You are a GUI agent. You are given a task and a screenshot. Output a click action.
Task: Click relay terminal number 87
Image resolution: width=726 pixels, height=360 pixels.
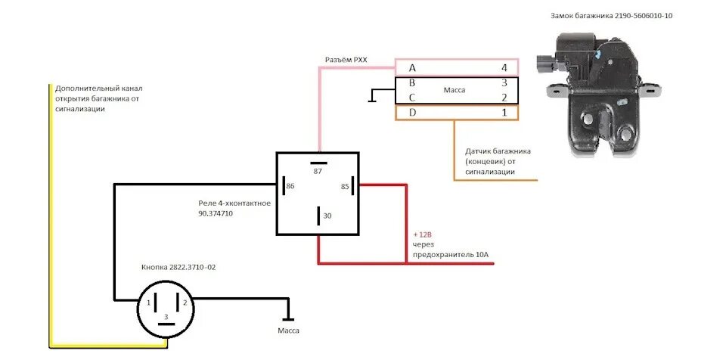point(318,171)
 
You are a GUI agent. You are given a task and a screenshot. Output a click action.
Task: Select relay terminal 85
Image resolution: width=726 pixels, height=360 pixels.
point(345,185)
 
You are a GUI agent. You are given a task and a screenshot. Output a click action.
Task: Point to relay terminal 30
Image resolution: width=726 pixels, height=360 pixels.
point(327,216)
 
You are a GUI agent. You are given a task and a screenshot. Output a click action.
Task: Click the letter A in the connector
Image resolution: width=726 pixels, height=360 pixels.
point(411,68)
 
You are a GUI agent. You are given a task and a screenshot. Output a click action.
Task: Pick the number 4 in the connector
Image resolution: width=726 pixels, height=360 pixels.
point(504,68)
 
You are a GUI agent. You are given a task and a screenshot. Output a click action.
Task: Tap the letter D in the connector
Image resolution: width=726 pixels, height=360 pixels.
point(411,113)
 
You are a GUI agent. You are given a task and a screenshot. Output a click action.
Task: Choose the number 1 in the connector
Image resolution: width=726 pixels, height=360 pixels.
point(504,113)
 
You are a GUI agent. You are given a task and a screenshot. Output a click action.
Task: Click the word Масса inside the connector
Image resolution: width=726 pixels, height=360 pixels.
point(455,91)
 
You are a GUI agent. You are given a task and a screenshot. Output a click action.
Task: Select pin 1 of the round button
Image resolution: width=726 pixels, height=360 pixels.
point(139,303)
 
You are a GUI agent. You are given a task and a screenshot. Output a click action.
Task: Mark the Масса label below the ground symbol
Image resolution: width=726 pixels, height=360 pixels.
point(288,331)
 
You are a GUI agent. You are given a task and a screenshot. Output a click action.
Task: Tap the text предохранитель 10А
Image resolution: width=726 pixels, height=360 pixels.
point(451,255)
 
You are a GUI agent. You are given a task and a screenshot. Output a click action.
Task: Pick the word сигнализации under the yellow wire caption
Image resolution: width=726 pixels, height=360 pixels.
point(79,109)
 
